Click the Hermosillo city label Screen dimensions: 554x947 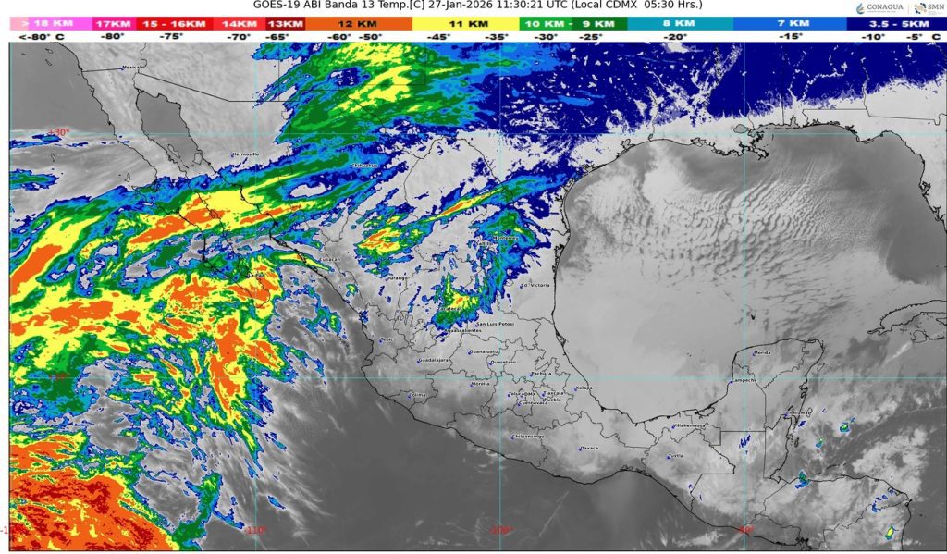[x=246, y=154]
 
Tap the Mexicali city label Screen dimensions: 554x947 [x=134, y=67]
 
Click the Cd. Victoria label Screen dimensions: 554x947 [x=536, y=286]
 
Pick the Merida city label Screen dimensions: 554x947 [x=762, y=353]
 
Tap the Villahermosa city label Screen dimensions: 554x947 [x=688, y=425]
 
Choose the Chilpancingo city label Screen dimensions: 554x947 [x=529, y=436]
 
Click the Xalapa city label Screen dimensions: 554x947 [x=583, y=388]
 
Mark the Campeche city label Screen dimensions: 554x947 [x=745, y=380]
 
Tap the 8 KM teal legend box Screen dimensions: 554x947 [x=680, y=22]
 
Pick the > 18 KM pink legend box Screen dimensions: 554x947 [x=51, y=22]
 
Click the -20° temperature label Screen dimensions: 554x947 [x=680, y=36]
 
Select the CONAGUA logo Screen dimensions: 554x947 [x=874, y=8]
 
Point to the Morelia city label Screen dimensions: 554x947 [x=481, y=383]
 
